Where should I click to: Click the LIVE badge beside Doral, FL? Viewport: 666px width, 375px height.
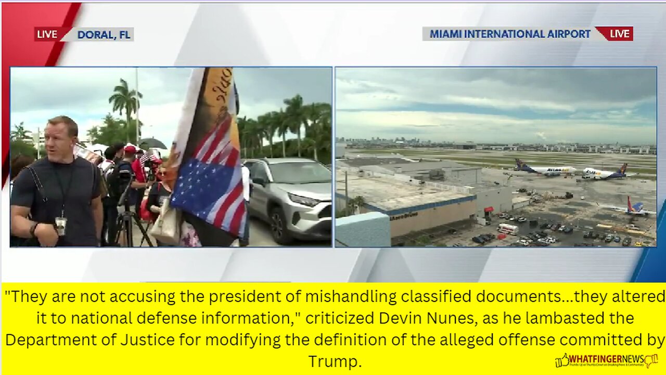pos(47,34)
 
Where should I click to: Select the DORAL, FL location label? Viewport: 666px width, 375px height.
pos(104,35)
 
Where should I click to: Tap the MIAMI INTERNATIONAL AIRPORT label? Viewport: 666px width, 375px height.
pos(510,34)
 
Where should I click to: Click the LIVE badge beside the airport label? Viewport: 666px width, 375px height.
pos(619,34)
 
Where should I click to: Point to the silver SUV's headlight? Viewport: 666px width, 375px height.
pos(304,199)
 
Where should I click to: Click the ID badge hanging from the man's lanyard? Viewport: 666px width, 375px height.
pos(61,226)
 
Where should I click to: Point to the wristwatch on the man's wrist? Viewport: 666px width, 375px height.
pos(34,229)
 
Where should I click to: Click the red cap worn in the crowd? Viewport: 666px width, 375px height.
pos(130,150)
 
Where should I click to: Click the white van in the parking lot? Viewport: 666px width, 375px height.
pos(507,229)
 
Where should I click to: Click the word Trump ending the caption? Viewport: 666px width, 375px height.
pos(334,361)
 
